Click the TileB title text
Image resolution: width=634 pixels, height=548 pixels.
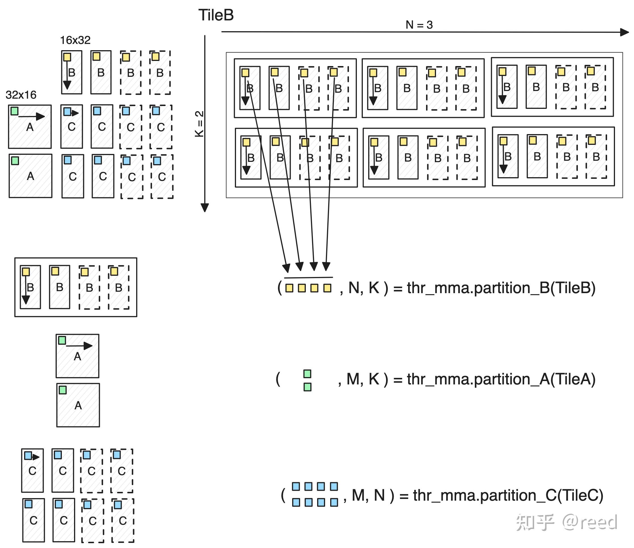[x=216, y=15]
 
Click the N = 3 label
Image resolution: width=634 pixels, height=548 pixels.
[x=419, y=25]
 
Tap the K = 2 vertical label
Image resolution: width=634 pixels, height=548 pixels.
[x=199, y=124]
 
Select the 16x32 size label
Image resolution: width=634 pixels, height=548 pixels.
[x=75, y=40]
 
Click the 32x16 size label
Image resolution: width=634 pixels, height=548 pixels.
[x=21, y=95]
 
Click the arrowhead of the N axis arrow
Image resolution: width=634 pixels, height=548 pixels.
[x=624, y=32]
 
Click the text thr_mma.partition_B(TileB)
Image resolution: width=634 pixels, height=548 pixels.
[x=501, y=288]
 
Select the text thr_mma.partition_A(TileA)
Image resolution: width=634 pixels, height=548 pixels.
[x=501, y=379]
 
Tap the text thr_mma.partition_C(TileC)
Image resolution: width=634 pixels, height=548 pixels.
[x=508, y=495]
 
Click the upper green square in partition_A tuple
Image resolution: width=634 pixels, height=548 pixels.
[x=307, y=374]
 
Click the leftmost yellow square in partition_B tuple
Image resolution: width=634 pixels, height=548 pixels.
[x=289, y=288]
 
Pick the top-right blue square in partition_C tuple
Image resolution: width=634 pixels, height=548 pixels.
[x=334, y=486]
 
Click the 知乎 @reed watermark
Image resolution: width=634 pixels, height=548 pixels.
[x=566, y=522]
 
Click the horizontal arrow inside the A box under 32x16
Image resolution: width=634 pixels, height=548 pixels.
[x=32, y=117]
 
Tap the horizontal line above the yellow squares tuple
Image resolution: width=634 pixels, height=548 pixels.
[x=308, y=278]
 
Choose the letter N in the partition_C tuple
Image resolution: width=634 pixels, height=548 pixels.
[x=379, y=495]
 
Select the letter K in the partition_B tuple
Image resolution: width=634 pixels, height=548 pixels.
[x=374, y=288]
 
